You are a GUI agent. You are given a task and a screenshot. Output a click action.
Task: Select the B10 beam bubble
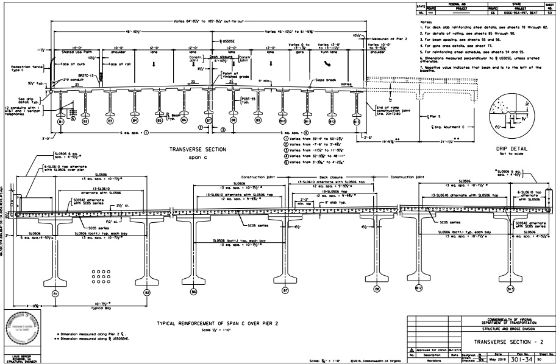[x=282, y=121]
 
